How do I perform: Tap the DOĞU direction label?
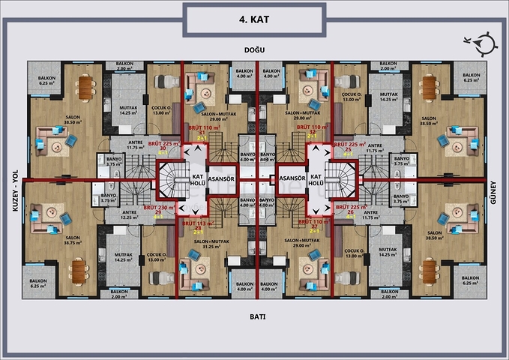pos(255,49)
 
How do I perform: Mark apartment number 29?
pos(157,213)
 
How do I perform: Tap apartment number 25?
pos(349,149)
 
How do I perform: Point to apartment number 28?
pos(199,227)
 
